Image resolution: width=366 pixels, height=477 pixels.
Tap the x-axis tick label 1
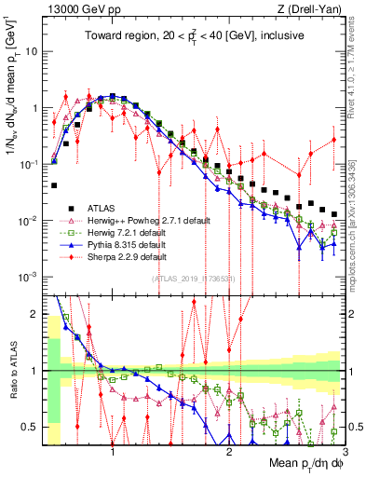click(x=114, y=453)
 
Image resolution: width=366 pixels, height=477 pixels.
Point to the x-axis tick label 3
click(x=345, y=453)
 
